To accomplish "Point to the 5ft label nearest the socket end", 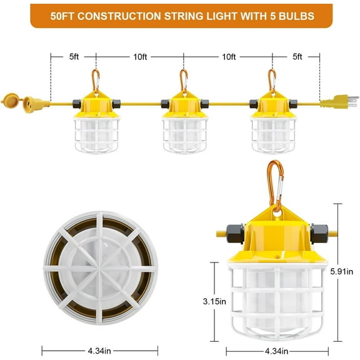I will pyautogui.click(x=74, y=57).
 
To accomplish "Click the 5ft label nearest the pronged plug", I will pyautogui.click(x=297, y=57).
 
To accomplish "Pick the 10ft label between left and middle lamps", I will pyautogui.click(x=141, y=57).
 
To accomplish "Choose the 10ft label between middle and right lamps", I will pyautogui.click(x=229, y=57).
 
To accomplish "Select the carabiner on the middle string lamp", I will pyautogui.click(x=184, y=80).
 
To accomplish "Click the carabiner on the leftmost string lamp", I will pyautogui.click(x=96, y=80).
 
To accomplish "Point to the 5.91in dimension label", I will pyautogui.click(x=342, y=272).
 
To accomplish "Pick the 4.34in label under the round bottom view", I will pyautogui.click(x=100, y=351).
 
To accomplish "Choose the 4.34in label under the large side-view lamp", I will pyautogui.click(x=276, y=351).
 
